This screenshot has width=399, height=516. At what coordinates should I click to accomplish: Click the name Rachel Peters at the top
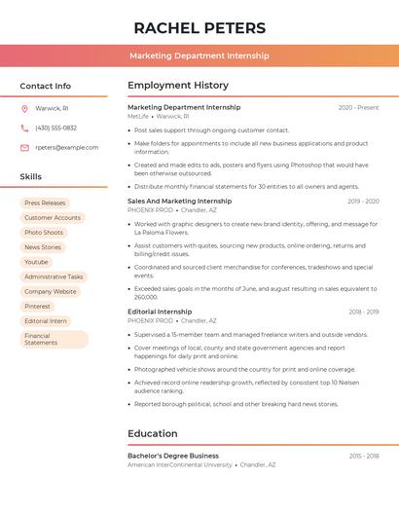[199, 27]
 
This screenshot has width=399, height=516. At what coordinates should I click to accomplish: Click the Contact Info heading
[45, 86]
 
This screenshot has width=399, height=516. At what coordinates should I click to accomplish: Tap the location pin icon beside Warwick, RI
[24, 109]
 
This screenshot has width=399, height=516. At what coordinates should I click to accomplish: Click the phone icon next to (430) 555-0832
[24, 129]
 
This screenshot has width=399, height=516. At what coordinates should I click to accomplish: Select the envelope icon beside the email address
[24, 148]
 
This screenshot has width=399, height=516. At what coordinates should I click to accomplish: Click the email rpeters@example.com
[67, 148]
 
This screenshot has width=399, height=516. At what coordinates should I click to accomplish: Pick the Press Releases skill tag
[45, 203]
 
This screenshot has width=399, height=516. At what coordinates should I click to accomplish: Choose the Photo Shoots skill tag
[44, 233]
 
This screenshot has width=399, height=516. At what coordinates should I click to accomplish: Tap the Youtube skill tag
[36, 262]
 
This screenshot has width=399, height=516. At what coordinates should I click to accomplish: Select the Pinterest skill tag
[37, 306]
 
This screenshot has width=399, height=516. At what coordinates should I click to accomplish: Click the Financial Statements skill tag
[41, 339]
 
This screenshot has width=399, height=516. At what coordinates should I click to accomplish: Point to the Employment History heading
[178, 86]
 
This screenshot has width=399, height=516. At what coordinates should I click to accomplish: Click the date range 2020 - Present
[358, 108]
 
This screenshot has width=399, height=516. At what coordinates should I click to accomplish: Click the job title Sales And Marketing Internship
[179, 201]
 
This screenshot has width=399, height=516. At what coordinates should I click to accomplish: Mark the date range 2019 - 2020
[363, 202]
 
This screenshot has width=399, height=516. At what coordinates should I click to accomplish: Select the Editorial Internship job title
[160, 312]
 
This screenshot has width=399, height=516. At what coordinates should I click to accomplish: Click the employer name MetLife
[138, 116]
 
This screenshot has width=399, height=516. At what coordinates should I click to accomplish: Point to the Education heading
[153, 434]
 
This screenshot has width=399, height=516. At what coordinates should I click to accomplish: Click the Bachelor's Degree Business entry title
[173, 456]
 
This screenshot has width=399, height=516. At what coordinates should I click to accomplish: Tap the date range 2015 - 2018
[364, 457]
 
